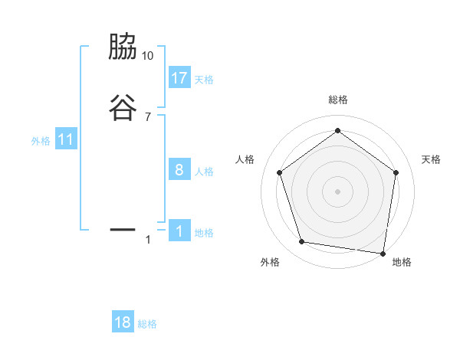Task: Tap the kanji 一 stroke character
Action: (123, 228)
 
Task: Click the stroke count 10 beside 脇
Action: (148, 56)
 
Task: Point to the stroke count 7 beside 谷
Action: (148, 116)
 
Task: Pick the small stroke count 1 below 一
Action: (148, 241)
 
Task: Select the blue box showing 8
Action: (179, 169)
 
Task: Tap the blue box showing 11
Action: (66, 139)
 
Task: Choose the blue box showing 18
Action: (123, 322)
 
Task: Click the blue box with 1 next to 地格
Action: (179, 231)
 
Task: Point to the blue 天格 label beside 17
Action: (204, 79)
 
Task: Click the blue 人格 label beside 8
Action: (204, 171)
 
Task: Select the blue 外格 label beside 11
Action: (41, 141)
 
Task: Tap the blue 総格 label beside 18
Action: (147, 324)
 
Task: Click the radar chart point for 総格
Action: (337, 130)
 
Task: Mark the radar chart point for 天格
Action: (396, 172)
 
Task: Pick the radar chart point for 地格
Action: (383, 253)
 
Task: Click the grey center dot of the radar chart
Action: (337, 191)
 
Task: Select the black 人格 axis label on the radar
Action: (245, 159)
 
